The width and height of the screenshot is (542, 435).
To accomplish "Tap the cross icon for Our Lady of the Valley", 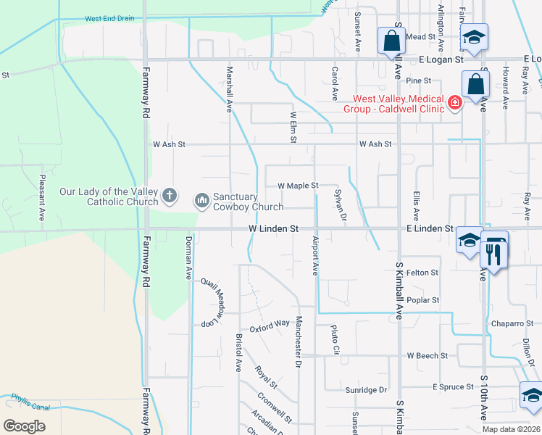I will [x=169, y=194].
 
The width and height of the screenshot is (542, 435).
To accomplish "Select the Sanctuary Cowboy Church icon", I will [x=201, y=198].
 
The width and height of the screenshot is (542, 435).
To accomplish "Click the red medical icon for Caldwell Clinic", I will [x=455, y=103].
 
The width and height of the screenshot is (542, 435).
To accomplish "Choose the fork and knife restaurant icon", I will [x=491, y=256].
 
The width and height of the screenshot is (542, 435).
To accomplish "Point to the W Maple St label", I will [x=298, y=186].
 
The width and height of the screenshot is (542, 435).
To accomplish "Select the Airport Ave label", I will [x=315, y=255].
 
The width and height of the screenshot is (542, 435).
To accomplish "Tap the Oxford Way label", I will [x=270, y=326].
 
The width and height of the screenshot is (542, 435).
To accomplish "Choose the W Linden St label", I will [x=273, y=228].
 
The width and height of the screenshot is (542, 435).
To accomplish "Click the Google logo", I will [x=25, y=426].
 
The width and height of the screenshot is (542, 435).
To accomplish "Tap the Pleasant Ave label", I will [x=42, y=196].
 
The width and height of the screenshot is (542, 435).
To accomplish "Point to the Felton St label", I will [x=422, y=273].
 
